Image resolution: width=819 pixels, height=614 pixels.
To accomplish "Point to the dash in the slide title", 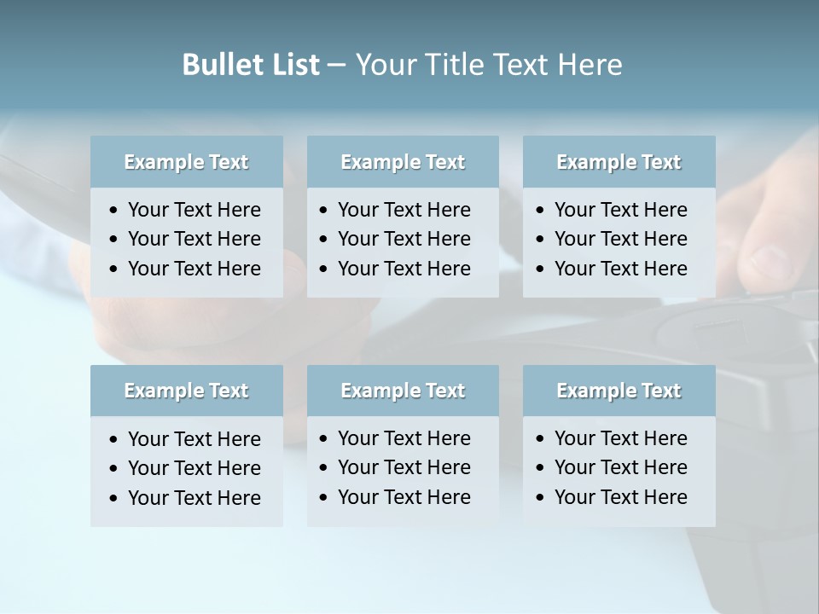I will (x=336, y=66).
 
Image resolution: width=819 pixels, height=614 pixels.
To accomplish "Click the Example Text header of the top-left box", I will (x=186, y=162).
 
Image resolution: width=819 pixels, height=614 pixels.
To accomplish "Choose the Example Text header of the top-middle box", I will (x=403, y=162).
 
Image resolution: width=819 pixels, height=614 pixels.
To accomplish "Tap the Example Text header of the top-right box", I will (x=619, y=162).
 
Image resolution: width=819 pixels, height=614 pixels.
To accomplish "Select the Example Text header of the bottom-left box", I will (x=186, y=391).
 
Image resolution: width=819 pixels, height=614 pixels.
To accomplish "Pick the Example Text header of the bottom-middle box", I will (x=403, y=391).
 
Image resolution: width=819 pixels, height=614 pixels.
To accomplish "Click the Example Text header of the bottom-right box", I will (x=619, y=391).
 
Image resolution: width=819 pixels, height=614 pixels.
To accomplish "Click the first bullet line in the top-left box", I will (x=194, y=210).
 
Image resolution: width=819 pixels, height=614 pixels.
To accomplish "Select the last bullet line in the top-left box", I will (x=194, y=269).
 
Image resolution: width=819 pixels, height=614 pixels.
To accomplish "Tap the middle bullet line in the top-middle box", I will (x=404, y=239).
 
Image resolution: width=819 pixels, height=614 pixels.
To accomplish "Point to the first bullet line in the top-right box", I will (x=620, y=210).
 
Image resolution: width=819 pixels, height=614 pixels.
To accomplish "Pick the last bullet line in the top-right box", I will (x=620, y=269).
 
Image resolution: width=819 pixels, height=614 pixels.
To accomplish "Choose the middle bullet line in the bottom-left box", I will (x=194, y=468).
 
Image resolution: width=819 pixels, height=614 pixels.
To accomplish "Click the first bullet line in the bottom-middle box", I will (x=404, y=438).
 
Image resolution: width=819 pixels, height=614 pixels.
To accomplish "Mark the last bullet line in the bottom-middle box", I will (x=404, y=497).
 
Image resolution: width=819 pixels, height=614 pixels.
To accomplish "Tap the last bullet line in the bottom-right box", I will (x=620, y=497).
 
